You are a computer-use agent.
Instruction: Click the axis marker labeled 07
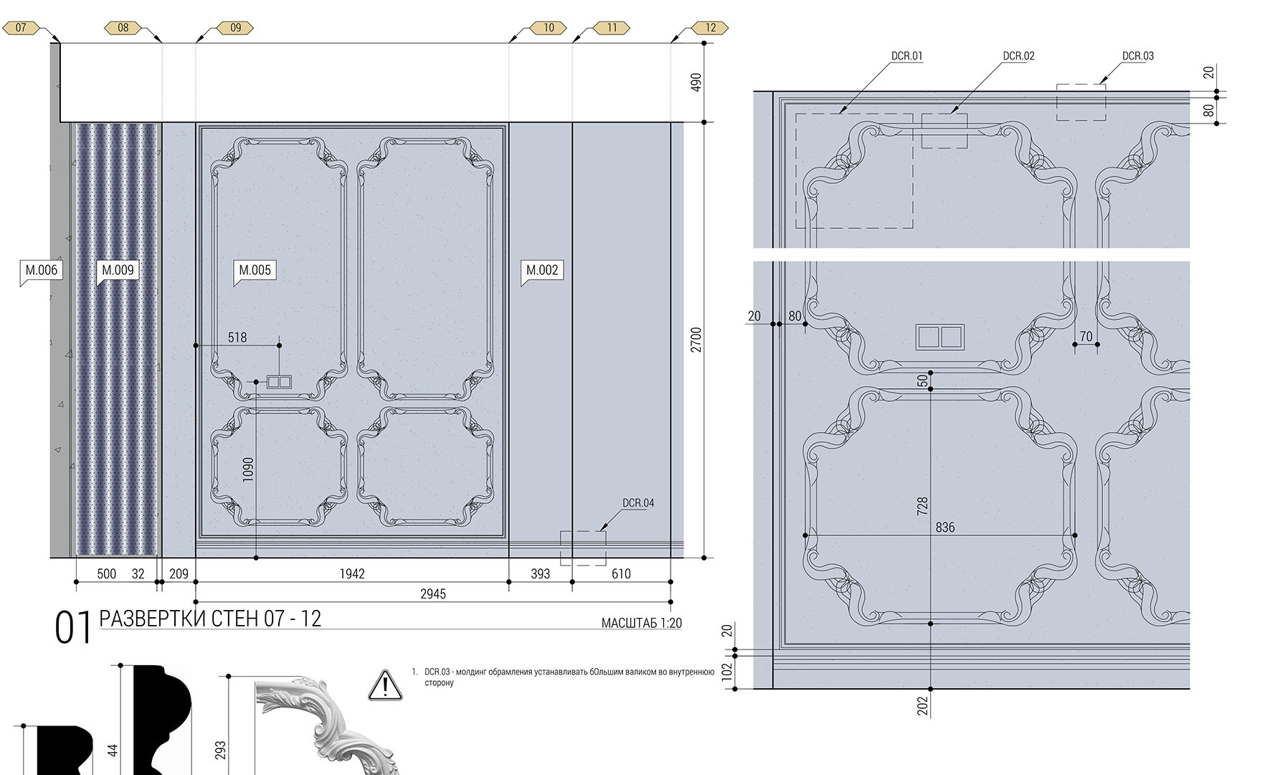point(21,28)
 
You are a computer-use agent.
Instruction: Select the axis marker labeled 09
point(235,28)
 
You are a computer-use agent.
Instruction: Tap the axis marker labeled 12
point(710,28)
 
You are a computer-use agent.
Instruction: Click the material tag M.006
point(41,271)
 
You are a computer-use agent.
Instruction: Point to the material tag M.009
point(118,271)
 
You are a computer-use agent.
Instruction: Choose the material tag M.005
point(255,271)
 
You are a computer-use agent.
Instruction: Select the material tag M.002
point(542,271)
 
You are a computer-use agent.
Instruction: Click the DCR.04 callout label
point(638,503)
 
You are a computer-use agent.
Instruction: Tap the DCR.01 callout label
point(907,56)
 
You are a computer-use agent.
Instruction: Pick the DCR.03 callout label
point(1138,56)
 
